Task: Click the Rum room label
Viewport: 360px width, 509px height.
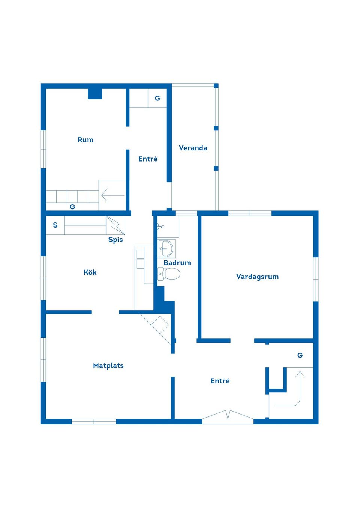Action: pyautogui.click(x=85, y=140)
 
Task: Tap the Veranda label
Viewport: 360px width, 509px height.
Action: pyautogui.click(x=193, y=148)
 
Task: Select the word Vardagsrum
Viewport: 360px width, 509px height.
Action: pyautogui.click(x=257, y=277)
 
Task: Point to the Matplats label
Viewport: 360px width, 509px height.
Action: pyautogui.click(x=108, y=365)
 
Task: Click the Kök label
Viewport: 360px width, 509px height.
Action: pyautogui.click(x=90, y=272)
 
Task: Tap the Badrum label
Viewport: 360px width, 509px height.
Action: pyautogui.click(x=177, y=263)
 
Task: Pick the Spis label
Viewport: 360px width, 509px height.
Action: pyautogui.click(x=115, y=240)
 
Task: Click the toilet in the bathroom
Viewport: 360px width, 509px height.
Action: pyautogui.click(x=169, y=274)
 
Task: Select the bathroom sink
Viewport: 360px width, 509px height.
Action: pyautogui.click(x=166, y=248)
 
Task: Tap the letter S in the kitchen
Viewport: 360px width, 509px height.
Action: pyautogui.click(x=55, y=225)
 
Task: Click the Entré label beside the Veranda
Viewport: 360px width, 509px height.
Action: pyautogui.click(x=148, y=159)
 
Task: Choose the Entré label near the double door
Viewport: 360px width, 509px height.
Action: pyautogui.click(x=220, y=381)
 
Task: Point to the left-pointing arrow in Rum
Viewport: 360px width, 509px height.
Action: pyautogui.click(x=112, y=195)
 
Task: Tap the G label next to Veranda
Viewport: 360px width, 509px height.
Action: pyautogui.click(x=157, y=98)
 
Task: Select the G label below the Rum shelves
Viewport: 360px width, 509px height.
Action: pyautogui.click(x=72, y=207)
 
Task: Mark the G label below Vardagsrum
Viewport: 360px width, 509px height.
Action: pyautogui.click(x=300, y=355)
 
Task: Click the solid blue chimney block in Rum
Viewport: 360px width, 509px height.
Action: pyautogui.click(x=95, y=93)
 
